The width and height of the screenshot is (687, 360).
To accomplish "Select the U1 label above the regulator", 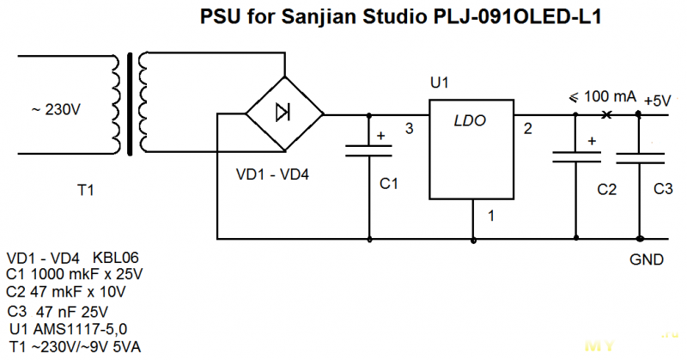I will point(439,82).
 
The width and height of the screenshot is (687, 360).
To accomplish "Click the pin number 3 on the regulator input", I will point(409,129).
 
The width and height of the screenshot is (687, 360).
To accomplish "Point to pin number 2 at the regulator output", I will point(527,129).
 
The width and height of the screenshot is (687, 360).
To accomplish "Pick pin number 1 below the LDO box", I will point(490,216).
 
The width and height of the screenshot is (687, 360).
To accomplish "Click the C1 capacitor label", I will point(389,184).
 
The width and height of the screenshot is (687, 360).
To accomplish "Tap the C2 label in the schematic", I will point(606,189).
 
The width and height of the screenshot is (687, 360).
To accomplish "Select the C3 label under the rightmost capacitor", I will point(663,189).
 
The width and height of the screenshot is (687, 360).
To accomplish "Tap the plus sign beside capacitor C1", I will point(380,136).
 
